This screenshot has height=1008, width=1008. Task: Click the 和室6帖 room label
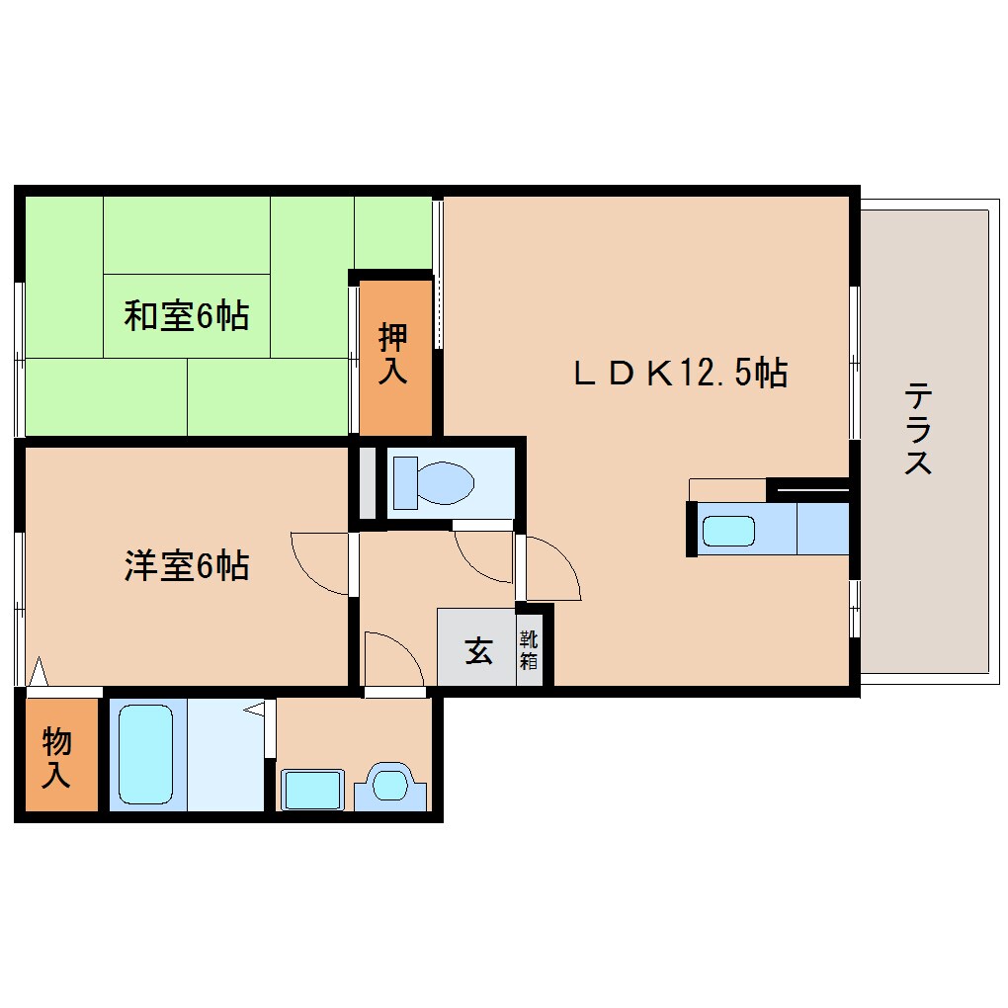[x=186, y=316]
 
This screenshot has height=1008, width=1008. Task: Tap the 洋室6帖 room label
[x=186, y=566]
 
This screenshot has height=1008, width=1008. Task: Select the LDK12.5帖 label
[x=681, y=373]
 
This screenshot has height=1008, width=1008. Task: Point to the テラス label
[x=918, y=429]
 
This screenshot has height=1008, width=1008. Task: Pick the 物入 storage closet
[x=57, y=757]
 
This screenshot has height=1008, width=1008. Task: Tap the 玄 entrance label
[x=478, y=651]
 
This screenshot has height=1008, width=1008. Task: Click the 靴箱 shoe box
[x=529, y=651]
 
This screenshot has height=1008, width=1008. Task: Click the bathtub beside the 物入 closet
[x=146, y=754]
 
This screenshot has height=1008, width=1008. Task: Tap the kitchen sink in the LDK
[x=728, y=531]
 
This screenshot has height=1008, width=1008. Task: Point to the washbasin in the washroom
[x=311, y=790]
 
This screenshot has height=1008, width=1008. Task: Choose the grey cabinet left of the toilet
[x=367, y=483]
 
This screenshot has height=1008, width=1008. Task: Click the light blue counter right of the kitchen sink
[x=822, y=529]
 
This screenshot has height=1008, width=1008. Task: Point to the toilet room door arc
[x=483, y=555]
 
